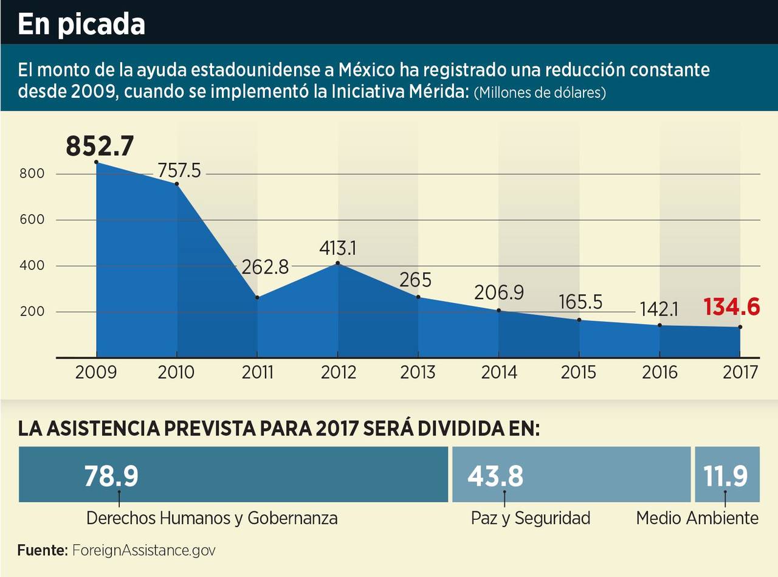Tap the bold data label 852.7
[100, 147]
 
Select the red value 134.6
[732, 307]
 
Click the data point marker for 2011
[258, 297]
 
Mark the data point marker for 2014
[499, 311]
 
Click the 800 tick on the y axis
[32, 174]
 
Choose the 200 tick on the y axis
[32, 312]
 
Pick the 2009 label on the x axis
[96, 372]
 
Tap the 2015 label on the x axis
[579, 372]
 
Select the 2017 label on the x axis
[740, 372]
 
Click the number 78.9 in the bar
[111, 475]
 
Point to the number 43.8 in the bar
[495, 475]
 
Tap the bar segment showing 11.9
[726, 475]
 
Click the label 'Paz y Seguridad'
[531, 518]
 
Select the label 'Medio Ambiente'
[697, 518]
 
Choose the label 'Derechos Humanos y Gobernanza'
[212, 518]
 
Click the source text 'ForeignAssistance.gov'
[143, 550]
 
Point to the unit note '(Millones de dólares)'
[540, 94]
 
